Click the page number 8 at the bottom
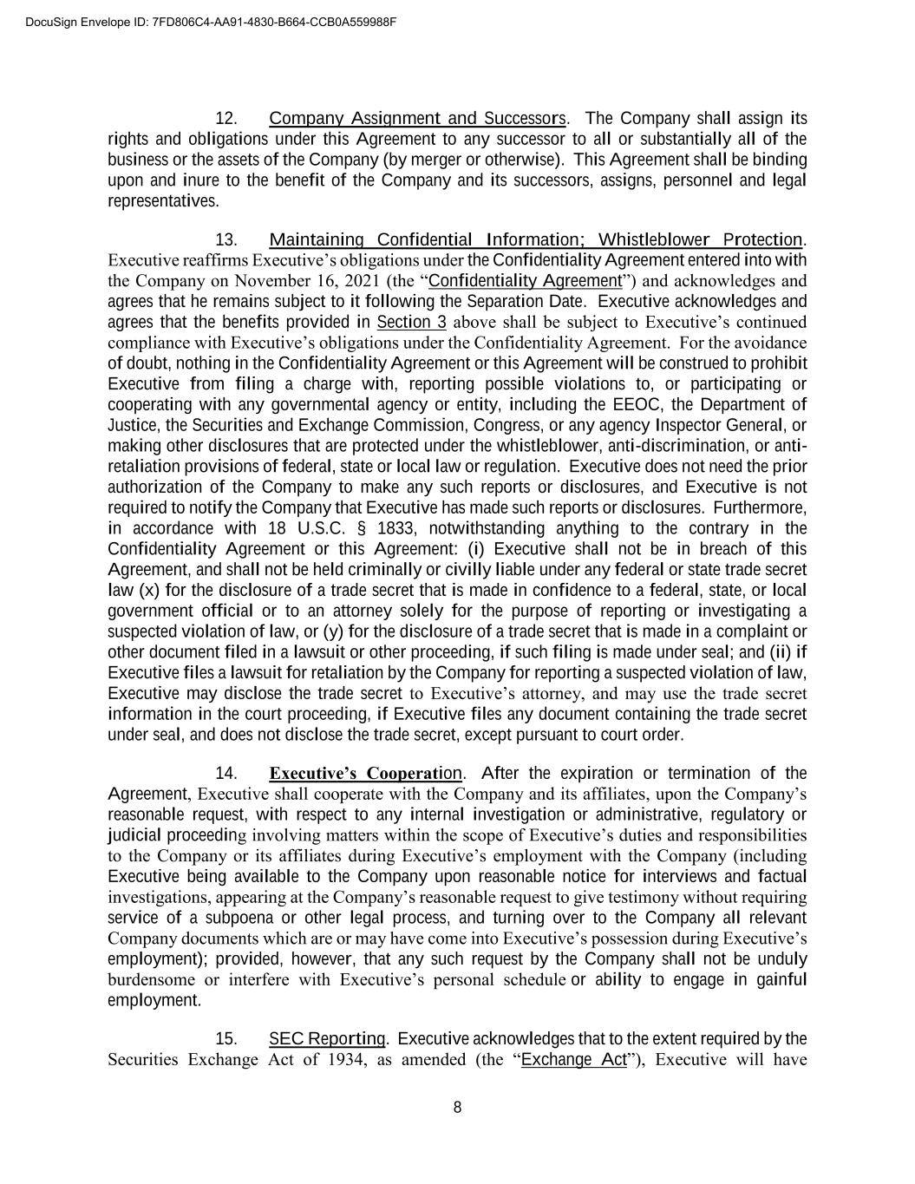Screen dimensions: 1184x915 tap(457, 1107)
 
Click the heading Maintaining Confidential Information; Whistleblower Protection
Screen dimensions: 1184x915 tap(536, 239)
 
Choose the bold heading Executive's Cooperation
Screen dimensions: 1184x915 tap(366, 774)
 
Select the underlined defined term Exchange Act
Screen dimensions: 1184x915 tap(573, 1060)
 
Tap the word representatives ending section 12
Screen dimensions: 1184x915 tap(162, 201)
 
